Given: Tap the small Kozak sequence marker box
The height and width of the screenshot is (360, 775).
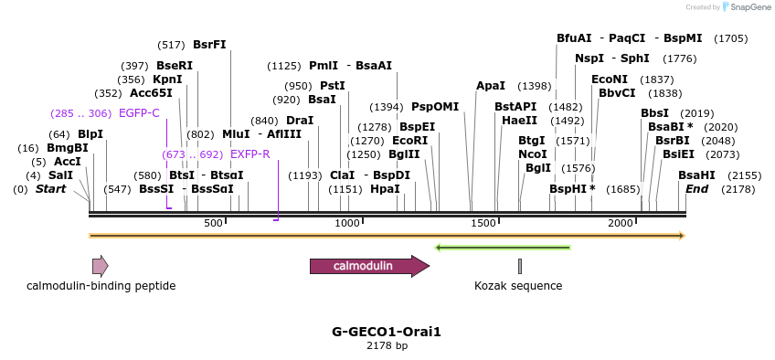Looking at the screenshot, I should click(520, 266).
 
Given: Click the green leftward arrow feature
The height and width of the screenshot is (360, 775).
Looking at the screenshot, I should click(503, 247).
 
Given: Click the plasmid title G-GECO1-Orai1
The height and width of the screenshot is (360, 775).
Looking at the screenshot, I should click(387, 332).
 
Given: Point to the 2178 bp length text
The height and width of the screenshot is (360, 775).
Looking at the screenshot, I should click(387, 346).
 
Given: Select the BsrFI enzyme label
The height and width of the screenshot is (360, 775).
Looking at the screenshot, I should click(209, 45).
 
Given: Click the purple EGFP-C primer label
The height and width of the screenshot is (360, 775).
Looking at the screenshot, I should click(139, 113).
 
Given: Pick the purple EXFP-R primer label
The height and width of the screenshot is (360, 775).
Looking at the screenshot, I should click(249, 154).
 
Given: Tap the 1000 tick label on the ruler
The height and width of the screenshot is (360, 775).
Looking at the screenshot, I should click(347, 223).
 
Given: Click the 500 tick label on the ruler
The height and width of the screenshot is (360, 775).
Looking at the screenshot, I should click(213, 223).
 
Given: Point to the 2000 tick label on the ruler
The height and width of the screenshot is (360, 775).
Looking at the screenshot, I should click(621, 223).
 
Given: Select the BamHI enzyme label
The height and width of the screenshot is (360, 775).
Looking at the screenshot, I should click(696, 175).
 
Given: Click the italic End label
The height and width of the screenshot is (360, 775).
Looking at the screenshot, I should click(696, 189).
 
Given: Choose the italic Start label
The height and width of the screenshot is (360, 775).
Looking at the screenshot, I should click(51, 189).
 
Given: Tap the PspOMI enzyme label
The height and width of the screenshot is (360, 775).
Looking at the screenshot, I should click(435, 107).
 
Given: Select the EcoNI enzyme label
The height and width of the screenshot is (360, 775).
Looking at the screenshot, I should click(610, 79).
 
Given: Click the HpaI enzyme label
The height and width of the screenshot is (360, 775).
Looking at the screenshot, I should click(385, 189).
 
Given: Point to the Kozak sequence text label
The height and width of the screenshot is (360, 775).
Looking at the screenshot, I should click(518, 286).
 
